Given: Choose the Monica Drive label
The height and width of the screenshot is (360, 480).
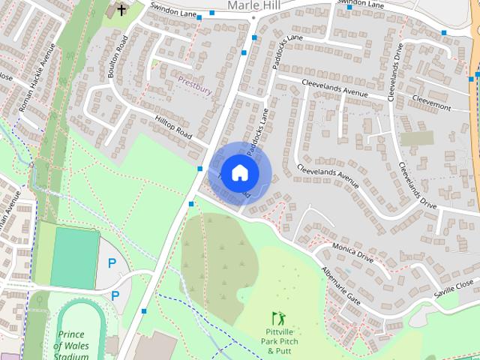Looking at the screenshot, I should tap(355, 255).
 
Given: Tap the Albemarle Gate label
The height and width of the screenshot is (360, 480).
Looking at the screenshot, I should tap(341, 287).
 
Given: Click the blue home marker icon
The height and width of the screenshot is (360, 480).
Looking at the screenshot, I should tap(239, 173).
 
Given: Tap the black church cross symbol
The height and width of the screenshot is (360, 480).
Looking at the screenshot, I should tap(121, 10).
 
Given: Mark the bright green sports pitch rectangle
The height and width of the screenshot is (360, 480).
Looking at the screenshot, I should tap(74, 257).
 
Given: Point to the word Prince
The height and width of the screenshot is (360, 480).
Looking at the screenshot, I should tap(73, 334).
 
